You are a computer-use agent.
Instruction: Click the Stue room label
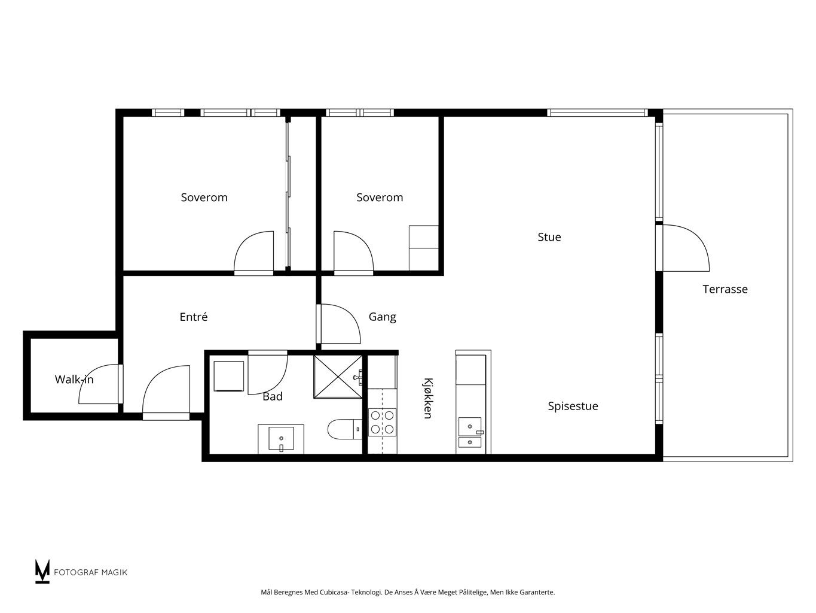coord(549,237)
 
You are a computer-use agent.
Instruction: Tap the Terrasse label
coord(725,289)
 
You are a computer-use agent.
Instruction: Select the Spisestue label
coord(573,406)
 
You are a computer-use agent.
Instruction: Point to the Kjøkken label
coord(428,398)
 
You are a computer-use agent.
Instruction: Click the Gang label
coord(382,317)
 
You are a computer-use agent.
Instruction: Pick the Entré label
coord(193,317)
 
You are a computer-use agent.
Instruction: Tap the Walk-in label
coord(74,380)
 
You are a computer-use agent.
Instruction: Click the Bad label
coord(273,396)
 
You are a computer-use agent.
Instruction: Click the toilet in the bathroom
coord(344,429)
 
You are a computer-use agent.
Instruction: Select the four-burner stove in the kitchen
coord(382,422)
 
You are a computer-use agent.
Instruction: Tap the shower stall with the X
coord(338,377)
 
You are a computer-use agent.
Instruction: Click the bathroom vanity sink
coord(281,439)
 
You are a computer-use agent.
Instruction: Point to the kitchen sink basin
coord(470,427)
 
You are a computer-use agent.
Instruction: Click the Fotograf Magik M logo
coord(42,572)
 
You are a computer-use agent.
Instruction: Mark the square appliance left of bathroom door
coord(228,376)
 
